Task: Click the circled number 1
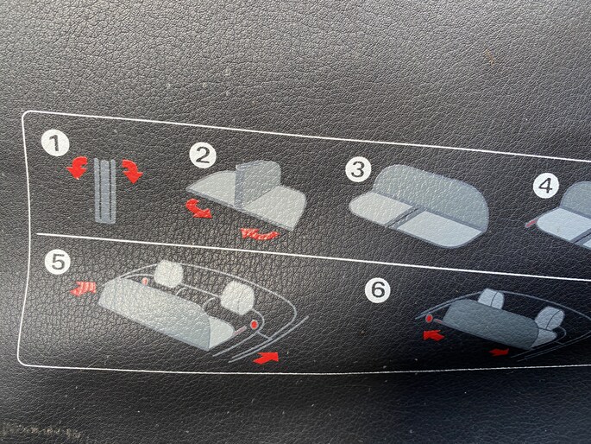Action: point(55,143)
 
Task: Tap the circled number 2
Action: point(203,155)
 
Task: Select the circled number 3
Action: point(358,169)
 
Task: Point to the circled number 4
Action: point(546,186)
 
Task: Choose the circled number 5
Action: point(57,262)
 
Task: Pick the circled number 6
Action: point(378,289)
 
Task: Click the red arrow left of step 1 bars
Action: point(78,168)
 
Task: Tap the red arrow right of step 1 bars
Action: point(132,171)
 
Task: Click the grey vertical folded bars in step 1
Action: point(104,191)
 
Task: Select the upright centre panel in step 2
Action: point(257,181)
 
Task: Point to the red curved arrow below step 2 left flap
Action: point(198,208)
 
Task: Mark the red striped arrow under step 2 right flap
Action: point(261,234)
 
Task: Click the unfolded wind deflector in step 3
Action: point(419,206)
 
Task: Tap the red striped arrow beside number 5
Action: point(84,289)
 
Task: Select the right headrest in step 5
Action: point(238,295)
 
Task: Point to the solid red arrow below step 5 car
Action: point(266,358)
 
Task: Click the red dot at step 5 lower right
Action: point(254,325)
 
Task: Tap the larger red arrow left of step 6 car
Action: point(433,334)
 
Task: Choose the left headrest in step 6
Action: point(491,298)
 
